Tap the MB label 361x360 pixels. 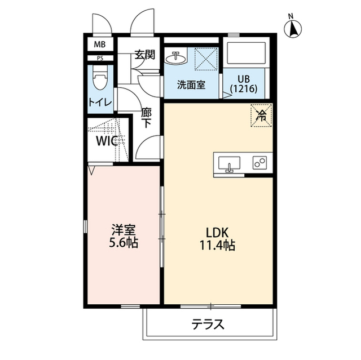coord(99,44)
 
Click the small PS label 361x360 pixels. coord(99,58)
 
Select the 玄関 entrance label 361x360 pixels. coord(145,55)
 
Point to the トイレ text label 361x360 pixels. coord(100,102)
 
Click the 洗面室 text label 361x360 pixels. coord(191,85)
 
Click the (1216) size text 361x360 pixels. coord(244,89)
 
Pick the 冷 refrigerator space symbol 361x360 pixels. coord(262,116)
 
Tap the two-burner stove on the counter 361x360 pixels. coord(260,163)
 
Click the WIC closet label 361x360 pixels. coord(107,141)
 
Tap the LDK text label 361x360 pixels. coord(217,232)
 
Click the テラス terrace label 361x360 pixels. coord(209,325)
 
